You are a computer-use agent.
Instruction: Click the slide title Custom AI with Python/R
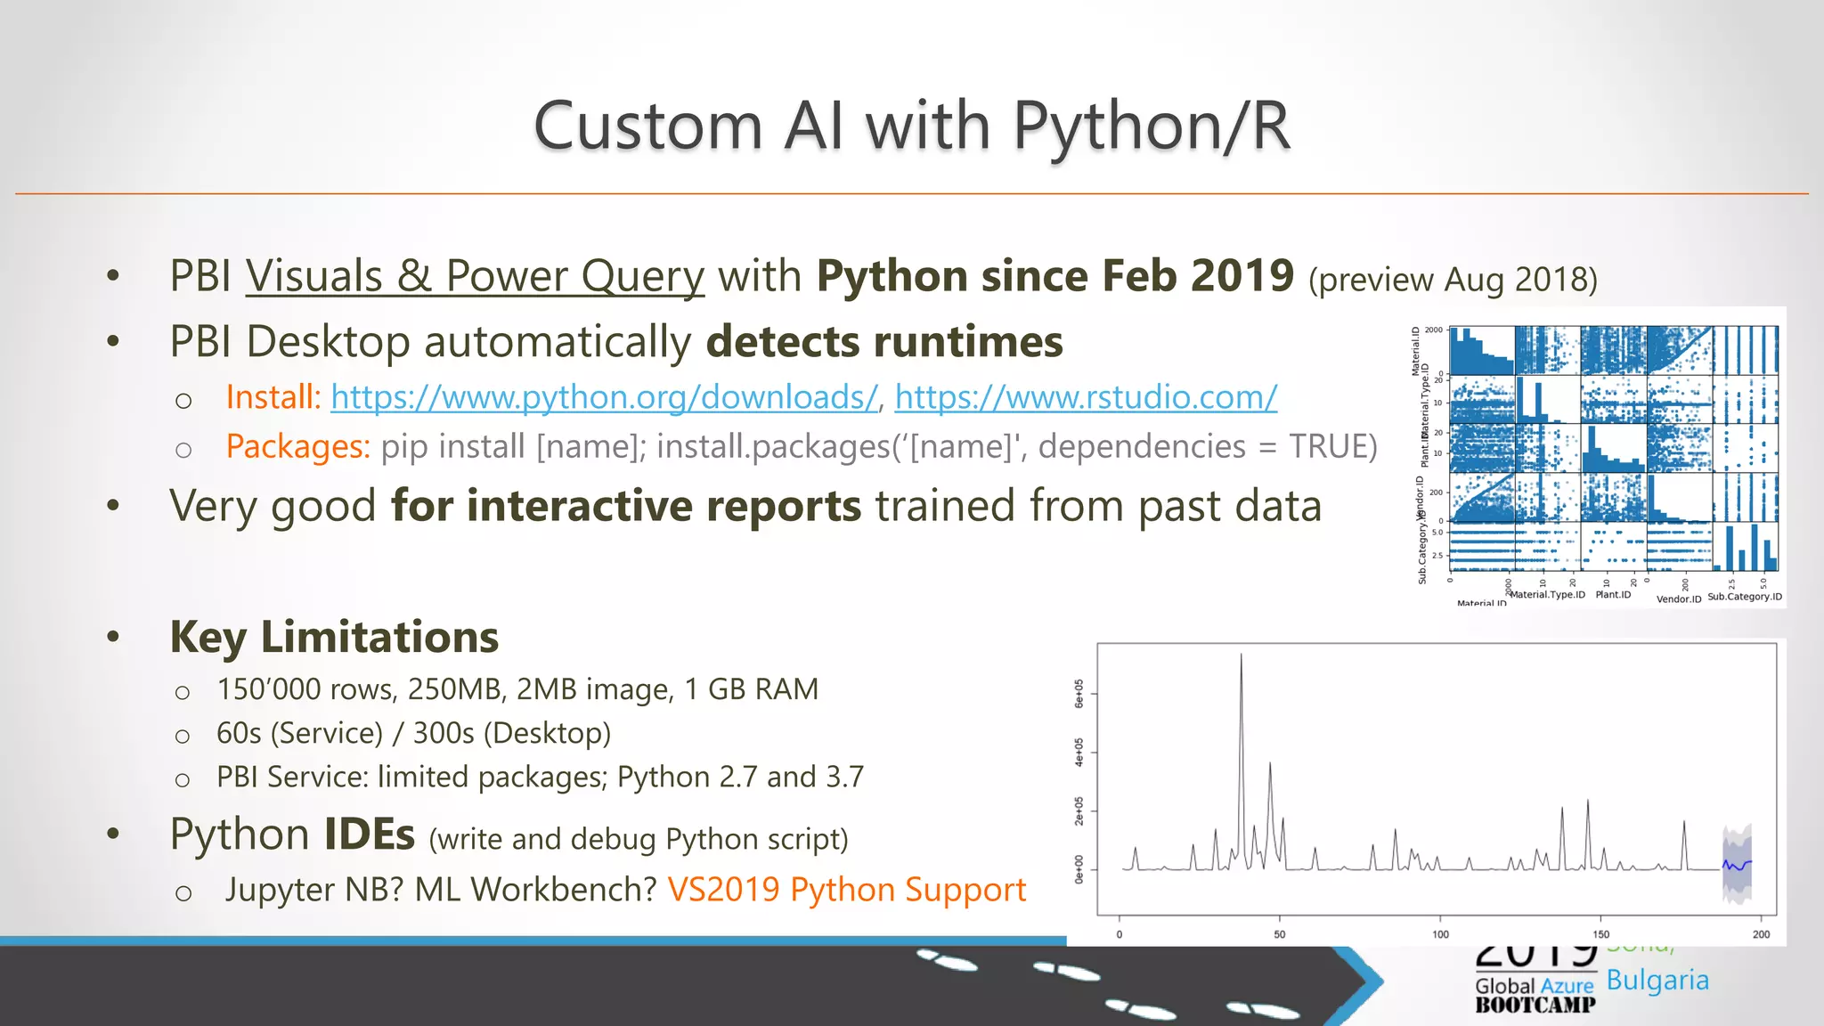[x=911, y=126]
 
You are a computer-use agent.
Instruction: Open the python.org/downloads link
[x=604, y=397]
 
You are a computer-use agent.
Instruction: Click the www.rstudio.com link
[x=1086, y=397]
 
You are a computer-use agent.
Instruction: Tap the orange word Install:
[x=273, y=397]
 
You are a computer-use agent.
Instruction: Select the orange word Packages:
[x=297, y=446]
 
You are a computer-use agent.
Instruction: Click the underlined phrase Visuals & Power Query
[x=475, y=276]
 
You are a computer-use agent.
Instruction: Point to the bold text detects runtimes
[x=884, y=342]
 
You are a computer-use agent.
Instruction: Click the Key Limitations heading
[x=334, y=638]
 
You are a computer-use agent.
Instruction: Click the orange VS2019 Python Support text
[x=846, y=890]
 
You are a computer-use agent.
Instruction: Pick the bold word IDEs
[x=369, y=835]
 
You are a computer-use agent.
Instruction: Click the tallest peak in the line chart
[x=1241, y=656]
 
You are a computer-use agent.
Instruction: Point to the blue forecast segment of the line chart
[x=1737, y=864]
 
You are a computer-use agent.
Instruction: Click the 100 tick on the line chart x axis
[x=1440, y=934]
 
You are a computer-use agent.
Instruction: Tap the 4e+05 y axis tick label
[x=1079, y=753]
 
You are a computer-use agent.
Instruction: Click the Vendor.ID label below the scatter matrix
[x=1678, y=599]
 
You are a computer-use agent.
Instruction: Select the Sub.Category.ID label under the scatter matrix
[x=1745, y=597]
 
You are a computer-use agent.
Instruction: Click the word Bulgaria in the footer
[x=1657, y=981]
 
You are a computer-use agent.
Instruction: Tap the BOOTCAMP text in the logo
[x=1535, y=1006]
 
